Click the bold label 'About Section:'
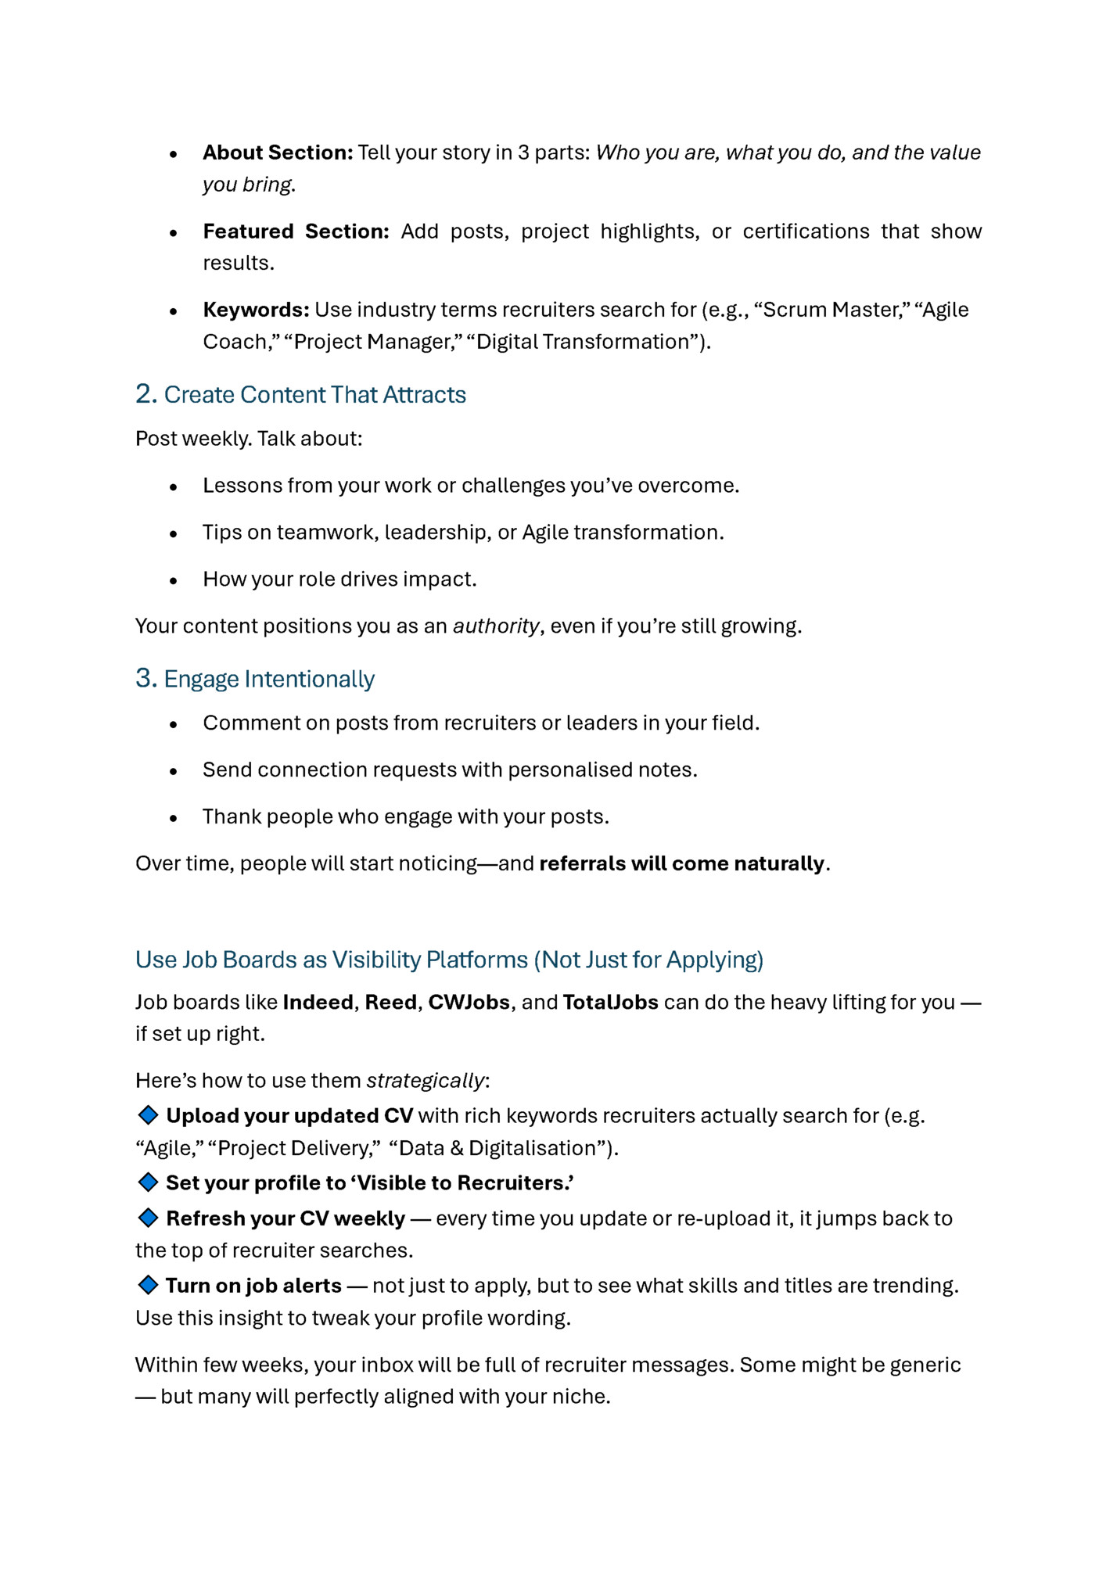pyautogui.click(x=278, y=152)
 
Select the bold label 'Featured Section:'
pyautogui.click(x=296, y=231)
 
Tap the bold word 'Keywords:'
pyautogui.click(x=256, y=310)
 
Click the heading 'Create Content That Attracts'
pyautogui.click(x=314, y=395)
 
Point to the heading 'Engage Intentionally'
pyautogui.click(x=269, y=679)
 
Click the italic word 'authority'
pyautogui.click(x=496, y=626)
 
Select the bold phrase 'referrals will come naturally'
pyautogui.click(x=681, y=863)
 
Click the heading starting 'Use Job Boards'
pyautogui.click(x=449, y=960)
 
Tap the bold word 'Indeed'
pyautogui.click(x=318, y=1003)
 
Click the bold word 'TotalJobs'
pyautogui.click(x=610, y=1003)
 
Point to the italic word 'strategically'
pyautogui.click(x=426, y=1081)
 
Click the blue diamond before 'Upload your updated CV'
pyautogui.click(x=148, y=1114)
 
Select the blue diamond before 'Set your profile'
pyautogui.click(x=148, y=1182)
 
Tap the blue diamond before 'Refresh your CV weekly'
pyautogui.click(x=148, y=1218)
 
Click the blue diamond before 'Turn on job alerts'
pyautogui.click(x=148, y=1285)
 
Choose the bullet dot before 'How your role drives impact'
pyautogui.click(x=174, y=580)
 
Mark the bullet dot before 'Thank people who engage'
pyautogui.click(x=174, y=818)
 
